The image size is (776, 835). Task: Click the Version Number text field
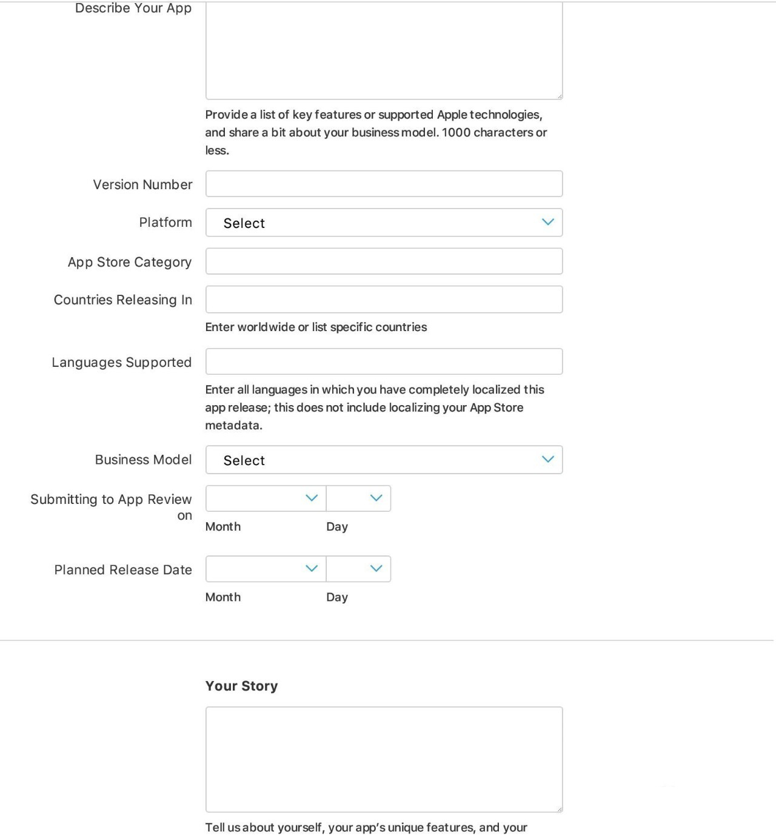[x=384, y=184]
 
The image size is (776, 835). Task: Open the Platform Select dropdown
[x=384, y=223]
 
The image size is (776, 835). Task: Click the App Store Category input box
[x=384, y=261]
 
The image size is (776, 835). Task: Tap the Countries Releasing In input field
[x=384, y=300]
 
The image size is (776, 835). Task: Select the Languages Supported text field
[x=384, y=361]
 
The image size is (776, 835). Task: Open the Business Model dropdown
[x=384, y=460]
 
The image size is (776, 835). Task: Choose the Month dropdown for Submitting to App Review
[x=266, y=498]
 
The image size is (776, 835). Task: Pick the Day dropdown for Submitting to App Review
[x=358, y=498]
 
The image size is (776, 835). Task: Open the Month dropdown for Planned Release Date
[x=266, y=569]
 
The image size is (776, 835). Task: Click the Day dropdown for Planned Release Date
[x=358, y=569]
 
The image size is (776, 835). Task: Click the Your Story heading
[x=241, y=686]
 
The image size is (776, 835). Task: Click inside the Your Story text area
[x=384, y=759]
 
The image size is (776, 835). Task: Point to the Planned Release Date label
[x=123, y=570]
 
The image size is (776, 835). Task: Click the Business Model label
[x=143, y=460]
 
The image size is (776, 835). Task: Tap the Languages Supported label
[x=121, y=363]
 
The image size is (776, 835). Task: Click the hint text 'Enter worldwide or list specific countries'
[x=316, y=327]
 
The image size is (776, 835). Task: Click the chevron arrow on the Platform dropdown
[x=548, y=222]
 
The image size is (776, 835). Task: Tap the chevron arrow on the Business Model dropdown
[x=548, y=459]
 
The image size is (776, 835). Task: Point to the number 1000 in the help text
[x=456, y=132]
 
